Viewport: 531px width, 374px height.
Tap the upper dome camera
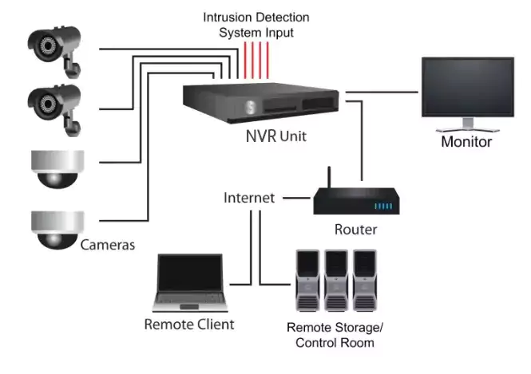point(55,168)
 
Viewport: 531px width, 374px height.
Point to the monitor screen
point(466,89)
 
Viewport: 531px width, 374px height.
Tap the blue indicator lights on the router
point(384,206)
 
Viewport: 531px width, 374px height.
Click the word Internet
point(248,196)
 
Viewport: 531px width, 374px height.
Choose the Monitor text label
point(466,144)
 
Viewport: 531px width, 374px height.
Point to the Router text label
point(355,230)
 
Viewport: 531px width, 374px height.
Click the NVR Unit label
point(275,137)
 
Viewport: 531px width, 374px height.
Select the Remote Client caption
point(189,324)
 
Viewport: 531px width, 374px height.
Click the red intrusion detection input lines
point(256,57)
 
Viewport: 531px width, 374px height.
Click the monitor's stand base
point(467,128)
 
